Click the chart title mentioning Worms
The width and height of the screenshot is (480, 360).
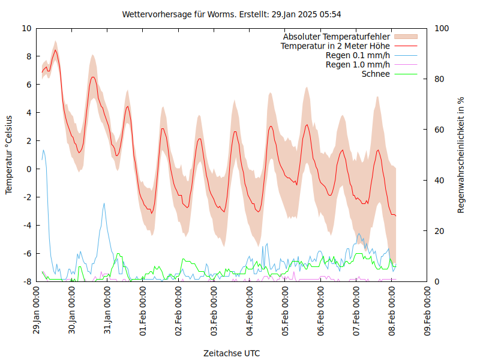tap(232, 14)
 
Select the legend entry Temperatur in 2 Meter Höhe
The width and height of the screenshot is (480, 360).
tap(335, 46)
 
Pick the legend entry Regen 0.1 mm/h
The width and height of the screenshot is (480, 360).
tap(358, 55)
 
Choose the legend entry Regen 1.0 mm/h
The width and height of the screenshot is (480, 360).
tap(358, 65)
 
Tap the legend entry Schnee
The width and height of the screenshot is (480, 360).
tap(376, 74)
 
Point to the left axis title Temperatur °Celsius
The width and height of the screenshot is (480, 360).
tap(9, 154)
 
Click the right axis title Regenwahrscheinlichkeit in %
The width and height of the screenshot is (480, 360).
tap(461, 155)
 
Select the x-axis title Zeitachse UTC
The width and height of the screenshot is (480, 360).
tap(232, 353)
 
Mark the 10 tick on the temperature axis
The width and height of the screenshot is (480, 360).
tap(26, 28)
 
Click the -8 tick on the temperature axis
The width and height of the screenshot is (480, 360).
tap(26, 281)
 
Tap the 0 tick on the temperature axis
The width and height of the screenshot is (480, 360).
tap(28, 169)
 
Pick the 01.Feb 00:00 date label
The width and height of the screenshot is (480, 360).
tap(144, 310)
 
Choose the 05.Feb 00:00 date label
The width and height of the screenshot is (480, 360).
tap(286, 310)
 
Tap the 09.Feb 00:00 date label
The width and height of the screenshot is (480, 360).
tap(428, 310)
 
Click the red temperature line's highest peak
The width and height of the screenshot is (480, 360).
tap(55, 50)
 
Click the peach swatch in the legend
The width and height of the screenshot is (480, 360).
tap(406, 37)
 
